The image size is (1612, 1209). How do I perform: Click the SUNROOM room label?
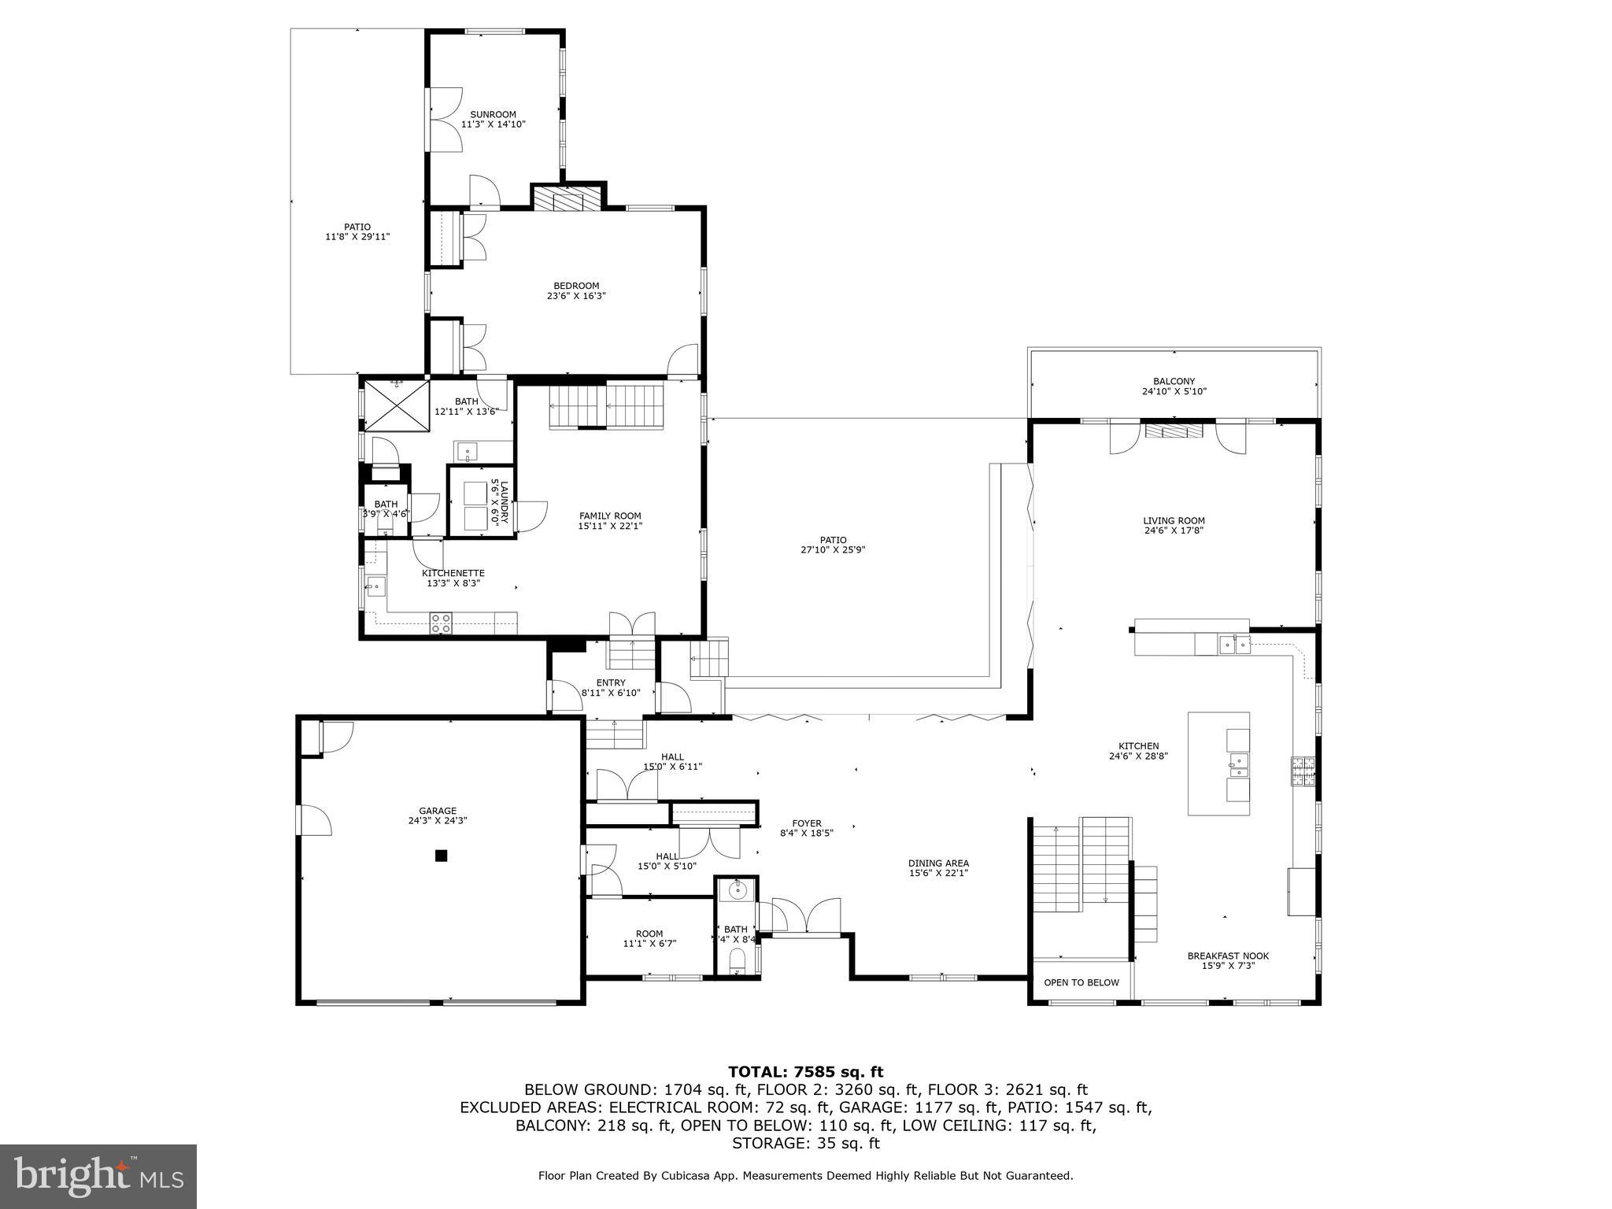(x=493, y=115)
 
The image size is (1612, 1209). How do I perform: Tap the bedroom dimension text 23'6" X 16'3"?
(x=576, y=297)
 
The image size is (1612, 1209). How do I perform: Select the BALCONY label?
(x=1174, y=382)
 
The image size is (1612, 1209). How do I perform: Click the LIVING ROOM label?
(x=1174, y=520)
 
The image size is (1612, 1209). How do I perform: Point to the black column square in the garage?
(x=442, y=856)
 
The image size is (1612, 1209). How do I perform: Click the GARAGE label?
(x=438, y=811)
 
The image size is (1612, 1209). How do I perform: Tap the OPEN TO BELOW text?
(x=1081, y=982)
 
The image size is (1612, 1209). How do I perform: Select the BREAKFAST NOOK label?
(x=1228, y=956)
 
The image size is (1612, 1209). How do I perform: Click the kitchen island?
(x=1218, y=763)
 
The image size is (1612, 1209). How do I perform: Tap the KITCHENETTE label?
(x=453, y=573)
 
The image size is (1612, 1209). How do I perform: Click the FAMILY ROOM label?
(x=610, y=516)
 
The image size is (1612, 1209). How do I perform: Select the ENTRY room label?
(x=611, y=682)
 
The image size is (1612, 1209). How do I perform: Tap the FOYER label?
(x=806, y=823)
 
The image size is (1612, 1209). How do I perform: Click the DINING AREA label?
(x=938, y=863)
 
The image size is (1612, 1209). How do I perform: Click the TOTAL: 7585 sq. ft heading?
(x=805, y=1071)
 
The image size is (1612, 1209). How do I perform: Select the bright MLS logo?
(x=98, y=1176)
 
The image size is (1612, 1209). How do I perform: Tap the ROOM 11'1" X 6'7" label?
(x=649, y=934)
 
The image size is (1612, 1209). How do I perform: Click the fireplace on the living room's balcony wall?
(x=1174, y=431)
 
